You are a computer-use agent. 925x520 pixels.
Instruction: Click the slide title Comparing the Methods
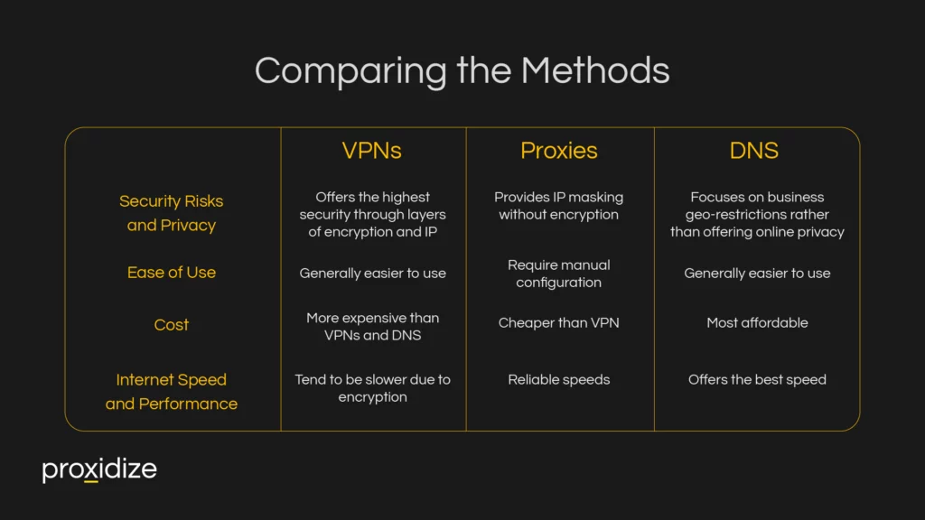(x=462, y=70)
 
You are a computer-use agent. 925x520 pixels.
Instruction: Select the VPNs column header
(x=371, y=151)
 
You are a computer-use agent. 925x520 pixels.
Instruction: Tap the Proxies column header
(x=558, y=151)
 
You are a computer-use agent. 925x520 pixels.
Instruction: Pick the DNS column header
(x=753, y=151)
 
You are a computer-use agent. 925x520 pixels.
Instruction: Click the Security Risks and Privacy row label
(x=172, y=213)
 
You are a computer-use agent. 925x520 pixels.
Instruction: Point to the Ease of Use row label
(x=172, y=273)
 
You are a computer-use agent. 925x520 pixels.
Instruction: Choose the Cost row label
(x=172, y=325)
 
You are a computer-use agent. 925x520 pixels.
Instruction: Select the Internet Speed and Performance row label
(x=172, y=392)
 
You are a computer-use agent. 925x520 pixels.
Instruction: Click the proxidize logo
(x=99, y=470)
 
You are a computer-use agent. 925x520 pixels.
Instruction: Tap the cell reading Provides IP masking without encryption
(x=558, y=206)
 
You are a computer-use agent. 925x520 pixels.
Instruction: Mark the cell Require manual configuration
(x=558, y=274)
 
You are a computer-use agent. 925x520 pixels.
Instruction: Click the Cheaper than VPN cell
(x=558, y=323)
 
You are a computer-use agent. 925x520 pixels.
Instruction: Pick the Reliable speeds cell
(x=558, y=380)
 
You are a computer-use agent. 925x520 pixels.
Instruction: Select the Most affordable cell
(x=757, y=323)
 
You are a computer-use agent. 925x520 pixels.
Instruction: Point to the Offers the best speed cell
(x=757, y=380)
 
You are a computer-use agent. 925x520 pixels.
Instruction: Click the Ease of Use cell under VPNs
(x=372, y=274)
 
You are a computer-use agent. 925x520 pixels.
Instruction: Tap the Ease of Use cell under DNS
(x=757, y=274)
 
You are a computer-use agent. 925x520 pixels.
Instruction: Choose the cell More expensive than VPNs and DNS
(x=372, y=327)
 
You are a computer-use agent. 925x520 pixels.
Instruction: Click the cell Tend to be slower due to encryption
(x=372, y=388)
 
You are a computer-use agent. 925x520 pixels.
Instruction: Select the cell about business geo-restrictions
(x=757, y=215)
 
